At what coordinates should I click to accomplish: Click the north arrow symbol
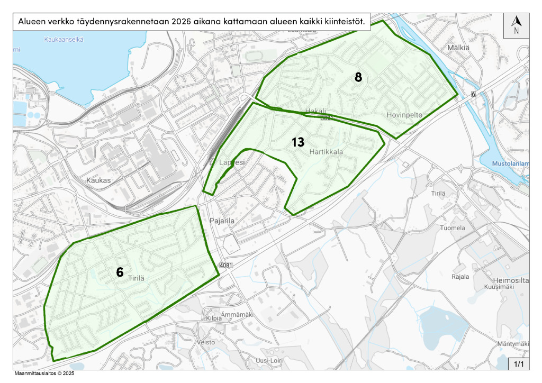[x=517, y=24]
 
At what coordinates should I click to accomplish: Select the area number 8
[x=358, y=77]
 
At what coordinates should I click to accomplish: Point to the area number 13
[x=298, y=142]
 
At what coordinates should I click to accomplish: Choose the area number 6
[x=120, y=272]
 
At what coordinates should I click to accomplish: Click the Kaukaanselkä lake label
[x=64, y=40]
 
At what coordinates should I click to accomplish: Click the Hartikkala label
[x=326, y=152]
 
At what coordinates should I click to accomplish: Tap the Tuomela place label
[x=453, y=228]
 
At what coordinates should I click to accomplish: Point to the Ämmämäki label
[x=233, y=314]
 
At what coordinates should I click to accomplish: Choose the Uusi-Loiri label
[x=269, y=360]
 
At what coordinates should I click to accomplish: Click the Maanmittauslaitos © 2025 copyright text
[x=44, y=373]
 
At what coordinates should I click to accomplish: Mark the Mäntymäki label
[x=512, y=344]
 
